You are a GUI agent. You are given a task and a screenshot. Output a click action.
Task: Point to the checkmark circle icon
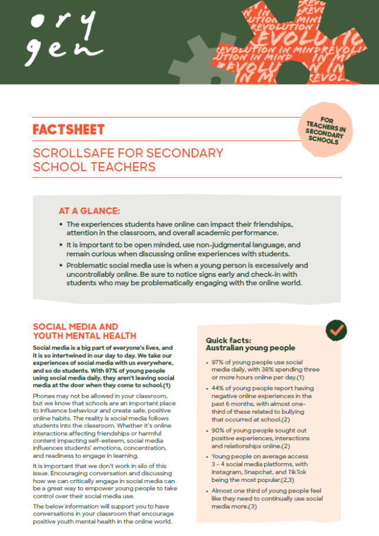tap(336, 330)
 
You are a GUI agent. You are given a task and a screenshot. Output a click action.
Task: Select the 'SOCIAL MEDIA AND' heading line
tap(75, 327)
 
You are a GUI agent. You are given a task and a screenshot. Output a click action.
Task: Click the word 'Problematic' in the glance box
tap(88, 266)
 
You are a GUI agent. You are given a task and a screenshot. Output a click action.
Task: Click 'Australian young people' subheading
tap(250, 348)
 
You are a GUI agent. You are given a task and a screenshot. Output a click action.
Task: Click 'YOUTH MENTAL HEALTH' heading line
tap(85, 336)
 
